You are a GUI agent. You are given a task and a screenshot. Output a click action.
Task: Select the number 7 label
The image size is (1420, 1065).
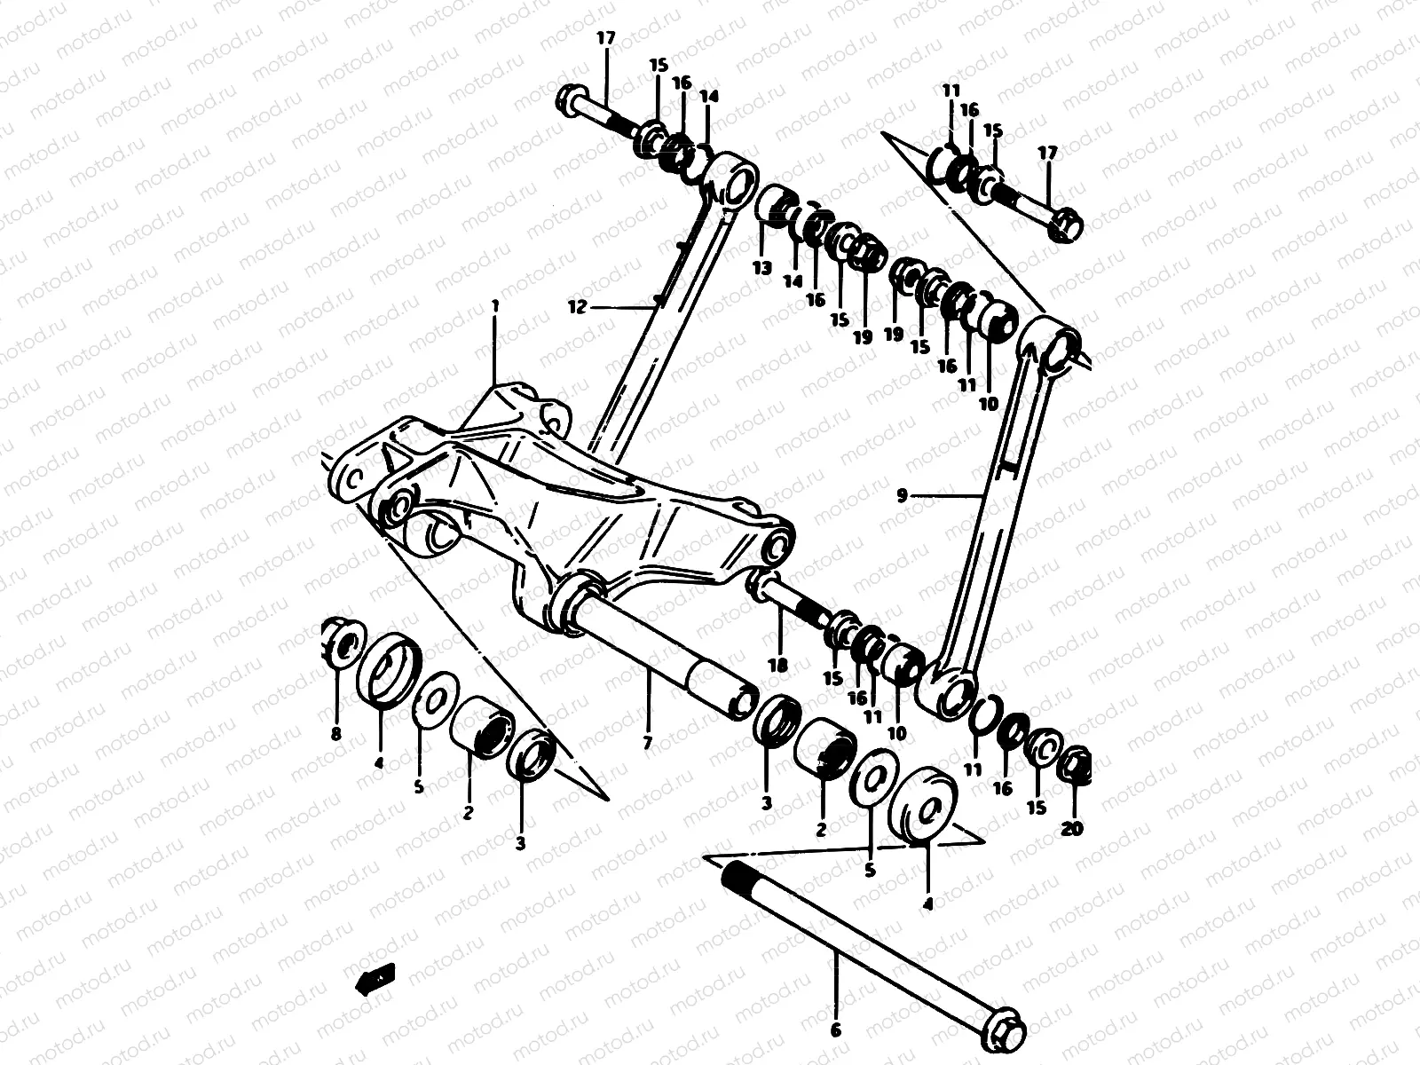pos(647,742)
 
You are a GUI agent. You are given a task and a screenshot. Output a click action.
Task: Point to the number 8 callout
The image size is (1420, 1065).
pos(335,733)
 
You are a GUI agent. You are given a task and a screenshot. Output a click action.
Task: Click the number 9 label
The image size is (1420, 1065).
pos(902,496)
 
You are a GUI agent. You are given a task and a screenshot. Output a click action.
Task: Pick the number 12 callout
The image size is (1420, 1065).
pos(578,307)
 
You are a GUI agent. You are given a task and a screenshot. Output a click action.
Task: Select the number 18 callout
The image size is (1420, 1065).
pos(779,666)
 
